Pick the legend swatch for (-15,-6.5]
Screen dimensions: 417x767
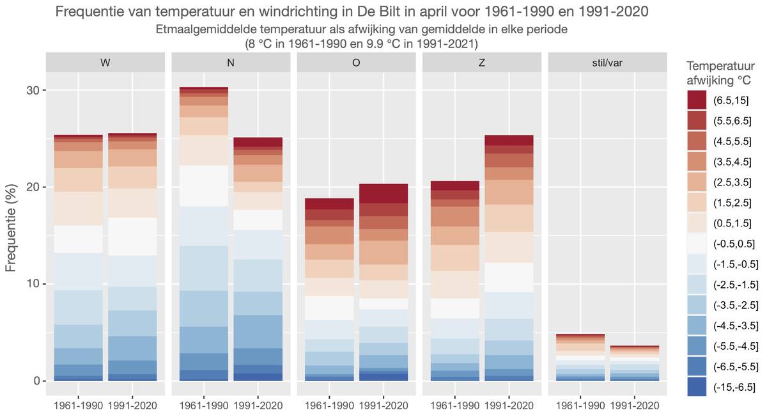tap(697, 386)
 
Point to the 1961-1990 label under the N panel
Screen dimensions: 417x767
tap(204, 406)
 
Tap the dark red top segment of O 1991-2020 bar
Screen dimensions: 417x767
tap(383, 193)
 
